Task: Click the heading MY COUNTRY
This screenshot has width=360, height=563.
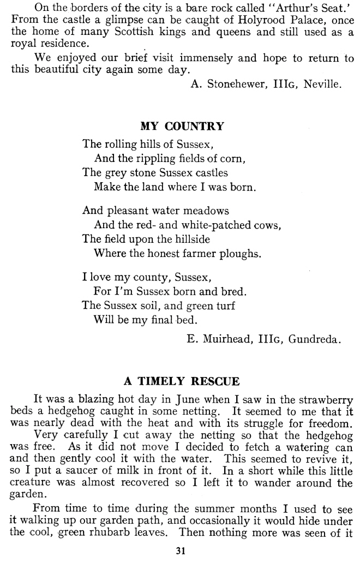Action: coord(182,127)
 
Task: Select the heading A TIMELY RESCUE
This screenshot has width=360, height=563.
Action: coord(182,380)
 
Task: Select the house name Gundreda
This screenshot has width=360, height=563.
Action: coord(315,339)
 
